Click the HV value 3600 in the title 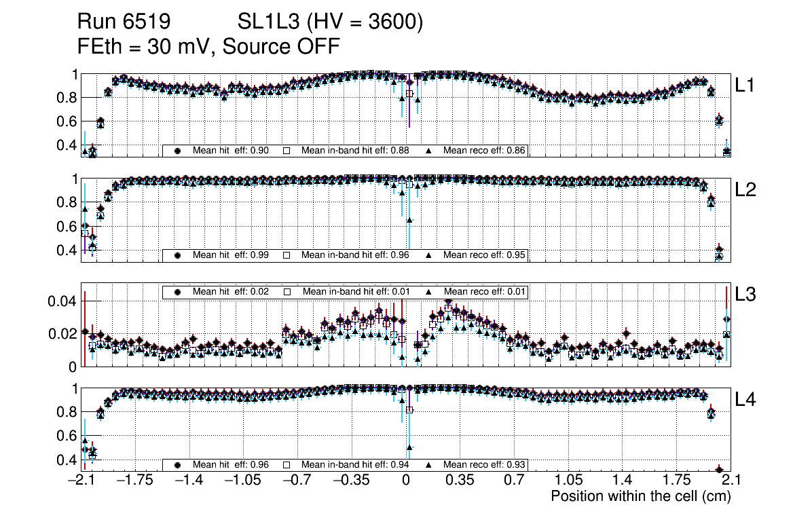pyautogui.click(x=393, y=22)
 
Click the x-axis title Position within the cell pyautogui.click(x=640, y=496)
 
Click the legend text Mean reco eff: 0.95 pyautogui.click(x=484, y=255)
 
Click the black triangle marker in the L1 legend pyautogui.click(x=430, y=150)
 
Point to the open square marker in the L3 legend pyautogui.click(x=287, y=292)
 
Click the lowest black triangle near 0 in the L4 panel pyautogui.click(x=409, y=447)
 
